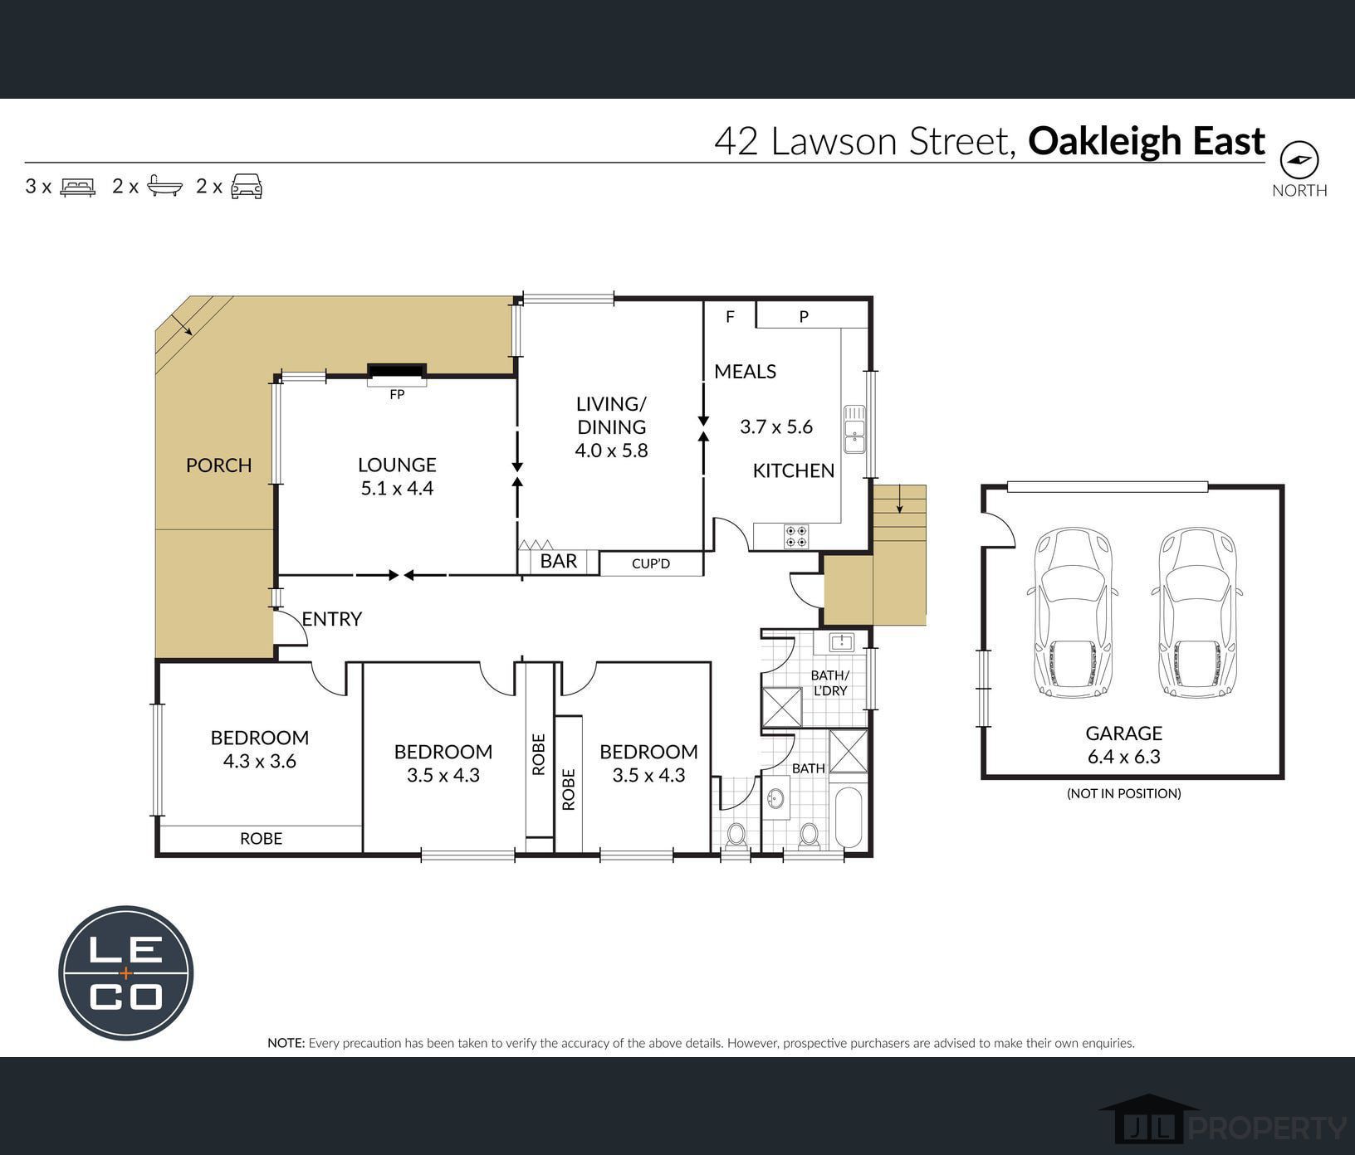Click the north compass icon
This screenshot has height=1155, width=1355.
1299,159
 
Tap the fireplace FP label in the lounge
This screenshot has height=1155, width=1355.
397,395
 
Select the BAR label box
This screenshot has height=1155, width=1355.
558,562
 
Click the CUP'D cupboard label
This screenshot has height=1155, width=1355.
650,564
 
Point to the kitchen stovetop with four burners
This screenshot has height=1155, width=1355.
796,536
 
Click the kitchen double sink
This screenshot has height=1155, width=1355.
854,429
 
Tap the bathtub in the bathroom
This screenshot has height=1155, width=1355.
851,817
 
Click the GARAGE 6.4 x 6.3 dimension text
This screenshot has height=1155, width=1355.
1123,757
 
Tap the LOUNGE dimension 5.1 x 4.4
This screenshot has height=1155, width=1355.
397,488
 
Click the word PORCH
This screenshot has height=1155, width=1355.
218,465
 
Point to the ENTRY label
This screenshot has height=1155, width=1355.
331,619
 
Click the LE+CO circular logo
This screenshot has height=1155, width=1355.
126,972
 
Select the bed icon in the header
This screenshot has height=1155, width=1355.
78,186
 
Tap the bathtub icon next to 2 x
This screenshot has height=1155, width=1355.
164,186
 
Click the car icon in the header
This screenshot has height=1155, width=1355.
247,186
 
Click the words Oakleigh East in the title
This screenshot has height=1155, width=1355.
1146,141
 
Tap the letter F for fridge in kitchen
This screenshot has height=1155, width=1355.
730,316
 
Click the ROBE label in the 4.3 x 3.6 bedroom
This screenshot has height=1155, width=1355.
261,839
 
